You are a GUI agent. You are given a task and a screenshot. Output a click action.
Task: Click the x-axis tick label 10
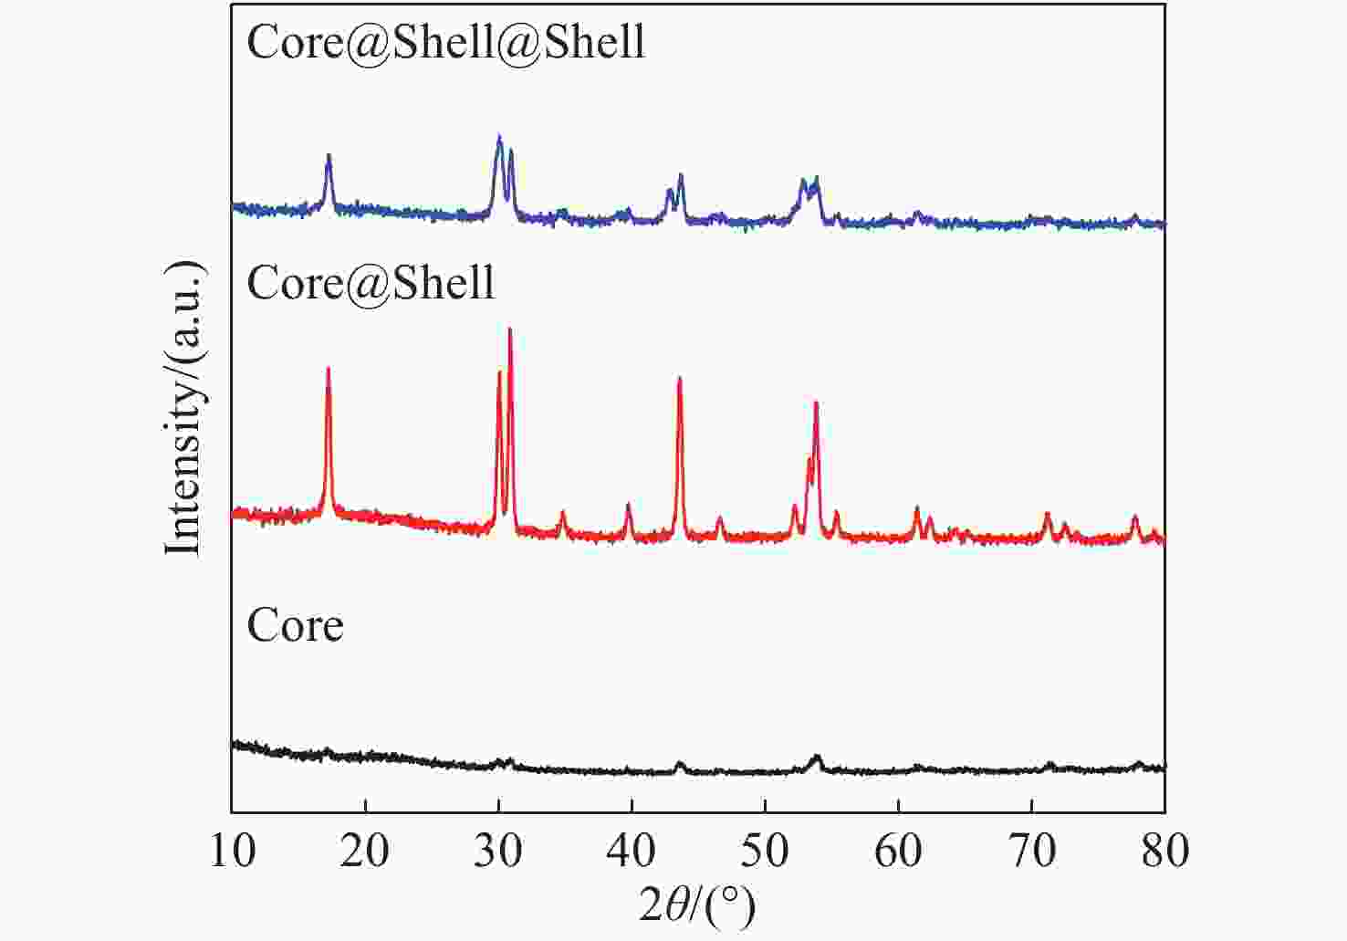232,851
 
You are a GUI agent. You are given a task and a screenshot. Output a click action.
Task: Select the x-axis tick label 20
365,851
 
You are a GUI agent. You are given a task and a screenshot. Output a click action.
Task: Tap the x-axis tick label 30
498,851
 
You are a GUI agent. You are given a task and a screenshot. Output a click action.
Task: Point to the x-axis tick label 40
632,851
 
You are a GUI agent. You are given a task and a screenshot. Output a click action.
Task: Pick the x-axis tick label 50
765,851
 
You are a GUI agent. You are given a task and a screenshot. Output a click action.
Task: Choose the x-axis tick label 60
898,851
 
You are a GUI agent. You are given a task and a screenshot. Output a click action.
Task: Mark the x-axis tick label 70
1031,851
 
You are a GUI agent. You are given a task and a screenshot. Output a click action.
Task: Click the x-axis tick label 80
1164,851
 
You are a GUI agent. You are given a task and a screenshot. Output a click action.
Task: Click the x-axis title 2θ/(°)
697,906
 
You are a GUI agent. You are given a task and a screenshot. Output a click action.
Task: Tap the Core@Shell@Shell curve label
446,41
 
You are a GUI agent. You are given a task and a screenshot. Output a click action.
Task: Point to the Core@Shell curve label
371,282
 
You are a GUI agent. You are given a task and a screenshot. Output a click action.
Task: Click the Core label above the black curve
295,625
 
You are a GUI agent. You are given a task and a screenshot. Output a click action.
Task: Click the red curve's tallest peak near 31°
509,329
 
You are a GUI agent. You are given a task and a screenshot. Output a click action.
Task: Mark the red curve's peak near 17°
328,369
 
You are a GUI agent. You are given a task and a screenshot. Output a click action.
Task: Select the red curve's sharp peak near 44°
679,378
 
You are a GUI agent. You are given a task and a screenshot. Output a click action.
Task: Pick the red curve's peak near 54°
816,403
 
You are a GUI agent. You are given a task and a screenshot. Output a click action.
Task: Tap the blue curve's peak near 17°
329,156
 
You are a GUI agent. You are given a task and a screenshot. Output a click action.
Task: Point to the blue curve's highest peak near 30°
498,137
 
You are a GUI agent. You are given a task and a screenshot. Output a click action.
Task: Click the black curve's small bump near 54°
816,757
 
